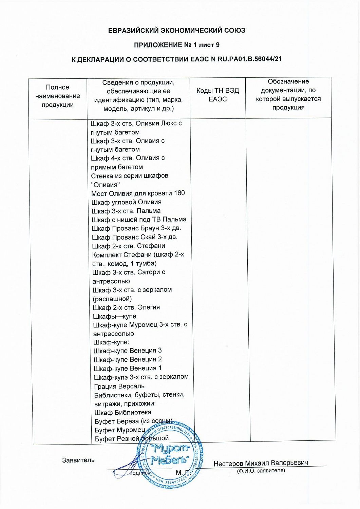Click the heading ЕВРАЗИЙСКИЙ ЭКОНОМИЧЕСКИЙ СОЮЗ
(176, 31)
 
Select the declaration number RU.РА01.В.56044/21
(249, 59)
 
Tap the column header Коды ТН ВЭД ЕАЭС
(217, 95)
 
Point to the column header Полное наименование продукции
(58, 96)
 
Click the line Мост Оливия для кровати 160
(138, 193)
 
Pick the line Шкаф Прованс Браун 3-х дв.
(136, 228)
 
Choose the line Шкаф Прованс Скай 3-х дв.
(135, 237)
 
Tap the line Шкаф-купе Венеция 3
(128, 351)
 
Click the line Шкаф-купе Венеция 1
(128, 368)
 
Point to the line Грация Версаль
(119, 386)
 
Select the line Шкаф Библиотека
(123, 413)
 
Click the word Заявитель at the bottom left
(78, 460)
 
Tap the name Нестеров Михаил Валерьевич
(261, 463)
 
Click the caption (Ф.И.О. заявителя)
(261, 471)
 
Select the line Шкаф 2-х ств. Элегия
(126, 307)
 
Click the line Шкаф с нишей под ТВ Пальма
(139, 220)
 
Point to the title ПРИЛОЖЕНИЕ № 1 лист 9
(176, 45)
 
